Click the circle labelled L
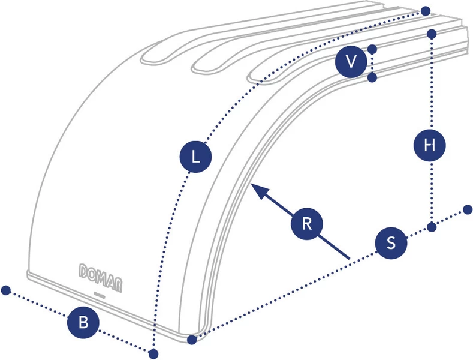pyautogui.click(x=196, y=157)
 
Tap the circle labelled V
pyautogui.click(x=351, y=62)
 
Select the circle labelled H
pyautogui.click(x=430, y=146)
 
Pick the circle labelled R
pyautogui.click(x=307, y=224)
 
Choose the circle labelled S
pyautogui.click(x=391, y=242)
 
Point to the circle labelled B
pyautogui.click(x=83, y=322)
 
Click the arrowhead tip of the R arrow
pyautogui.click(x=251, y=184)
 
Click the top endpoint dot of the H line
pyautogui.click(x=432, y=34)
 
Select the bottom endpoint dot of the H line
pyautogui.click(x=432, y=227)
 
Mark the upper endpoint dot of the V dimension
pyautogui.click(x=372, y=49)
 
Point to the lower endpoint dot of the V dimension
pyautogui.click(x=372, y=77)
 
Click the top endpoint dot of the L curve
pyautogui.click(x=425, y=11)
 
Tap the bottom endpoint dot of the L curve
pyautogui.click(x=153, y=353)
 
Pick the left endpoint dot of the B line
pyautogui.click(x=6, y=290)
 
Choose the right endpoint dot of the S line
pyautogui.click(x=468, y=209)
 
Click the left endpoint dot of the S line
pyautogui.click(x=192, y=340)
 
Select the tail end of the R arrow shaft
pyautogui.click(x=350, y=259)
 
